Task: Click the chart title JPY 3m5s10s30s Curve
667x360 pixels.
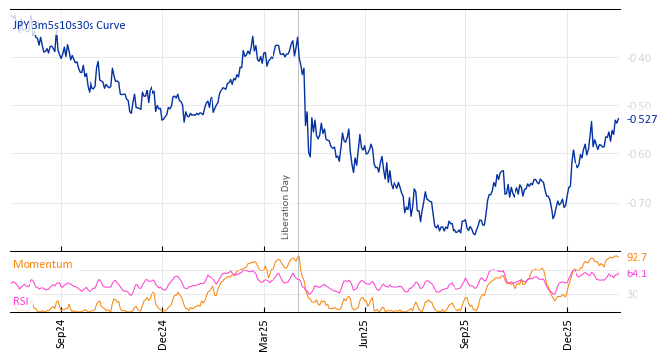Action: [69, 25]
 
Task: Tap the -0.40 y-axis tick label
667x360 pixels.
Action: [639, 58]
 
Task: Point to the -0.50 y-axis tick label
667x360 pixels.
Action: [639, 106]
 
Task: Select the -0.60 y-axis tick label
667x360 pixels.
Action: [639, 154]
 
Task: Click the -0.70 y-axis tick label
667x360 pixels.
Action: [639, 203]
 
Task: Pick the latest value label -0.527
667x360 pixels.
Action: [642, 120]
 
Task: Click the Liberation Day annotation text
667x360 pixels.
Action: [286, 207]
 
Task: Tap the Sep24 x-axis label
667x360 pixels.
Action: [61, 333]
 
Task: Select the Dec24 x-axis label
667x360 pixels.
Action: [163, 333]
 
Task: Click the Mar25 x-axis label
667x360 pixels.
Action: [264, 333]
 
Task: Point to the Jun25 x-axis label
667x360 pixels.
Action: [364, 333]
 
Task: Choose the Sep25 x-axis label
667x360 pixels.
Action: [466, 333]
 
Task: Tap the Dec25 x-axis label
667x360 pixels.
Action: [568, 333]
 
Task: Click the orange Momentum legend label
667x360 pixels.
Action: [42, 264]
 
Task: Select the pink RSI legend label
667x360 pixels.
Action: [21, 301]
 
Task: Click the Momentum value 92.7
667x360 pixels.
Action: [637, 258]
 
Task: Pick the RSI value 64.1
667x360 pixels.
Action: [637, 273]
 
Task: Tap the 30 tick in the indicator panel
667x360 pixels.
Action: [633, 294]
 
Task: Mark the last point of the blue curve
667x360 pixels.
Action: [618, 119]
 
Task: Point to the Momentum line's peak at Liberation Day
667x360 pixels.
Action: [298, 256]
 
